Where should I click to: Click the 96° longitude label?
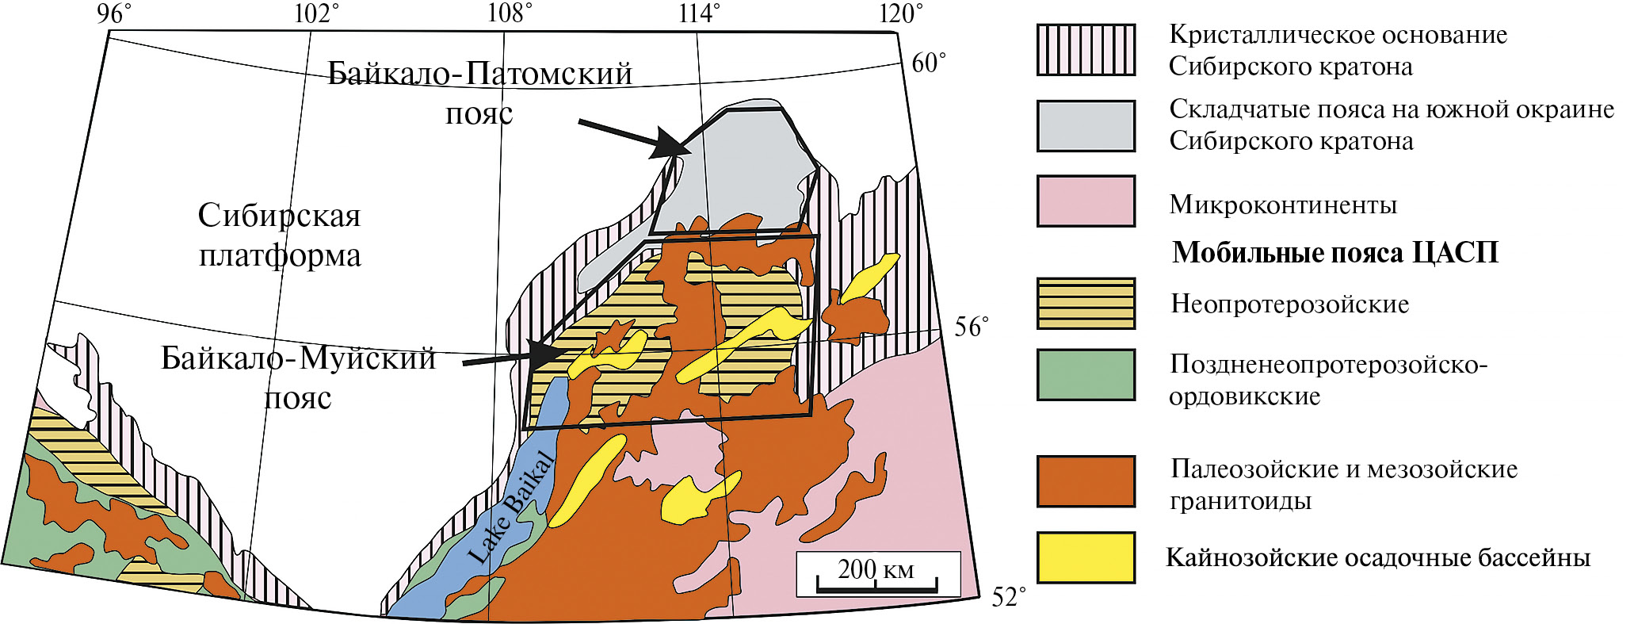(x=114, y=13)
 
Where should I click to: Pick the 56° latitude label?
(x=971, y=327)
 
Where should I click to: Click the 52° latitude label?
(x=1009, y=597)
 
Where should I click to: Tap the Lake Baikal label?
(x=511, y=507)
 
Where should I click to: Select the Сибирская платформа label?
(x=280, y=235)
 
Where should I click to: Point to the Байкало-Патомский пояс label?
(x=480, y=93)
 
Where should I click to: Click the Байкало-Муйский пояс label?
(x=298, y=377)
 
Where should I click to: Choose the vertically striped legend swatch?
(x=1086, y=50)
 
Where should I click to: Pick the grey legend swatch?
(x=1086, y=125)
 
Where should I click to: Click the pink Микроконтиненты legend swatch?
(x=1086, y=201)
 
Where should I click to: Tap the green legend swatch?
(x=1086, y=374)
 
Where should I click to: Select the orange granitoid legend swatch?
(x=1086, y=481)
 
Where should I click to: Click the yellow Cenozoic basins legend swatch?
(x=1086, y=557)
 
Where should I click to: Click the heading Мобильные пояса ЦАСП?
(x=1335, y=253)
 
